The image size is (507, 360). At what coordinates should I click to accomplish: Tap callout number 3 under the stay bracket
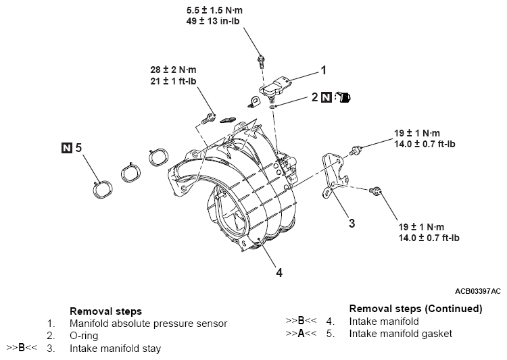point(352,223)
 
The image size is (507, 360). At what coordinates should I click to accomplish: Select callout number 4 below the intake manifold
point(279,273)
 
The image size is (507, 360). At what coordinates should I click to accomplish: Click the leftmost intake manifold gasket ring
point(103,190)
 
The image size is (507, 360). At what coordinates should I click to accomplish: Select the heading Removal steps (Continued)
point(415,309)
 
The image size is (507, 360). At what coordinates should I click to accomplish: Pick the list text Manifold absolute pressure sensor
point(148,324)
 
